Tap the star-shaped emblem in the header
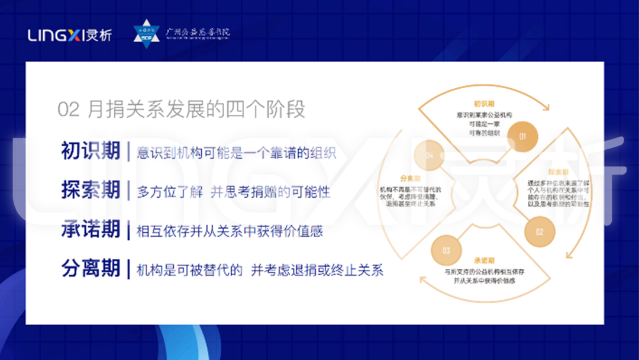click(x=146, y=34)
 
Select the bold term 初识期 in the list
click(x=91, y=152)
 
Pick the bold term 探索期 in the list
click(x=91, y=190)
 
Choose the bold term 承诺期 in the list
click(x=91, y=230)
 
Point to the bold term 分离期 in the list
click(x=91, y=269)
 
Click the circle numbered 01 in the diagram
click(x=522, y=136)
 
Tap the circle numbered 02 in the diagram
click(x=540, y=232)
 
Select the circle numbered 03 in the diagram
click(x=446, y=250)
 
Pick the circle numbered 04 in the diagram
click(x=429, y=156)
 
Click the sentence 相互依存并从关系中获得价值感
click(x=230, y=231)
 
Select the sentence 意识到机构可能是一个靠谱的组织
click(x=236, y=153)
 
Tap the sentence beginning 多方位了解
click(x=234, y=192)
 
